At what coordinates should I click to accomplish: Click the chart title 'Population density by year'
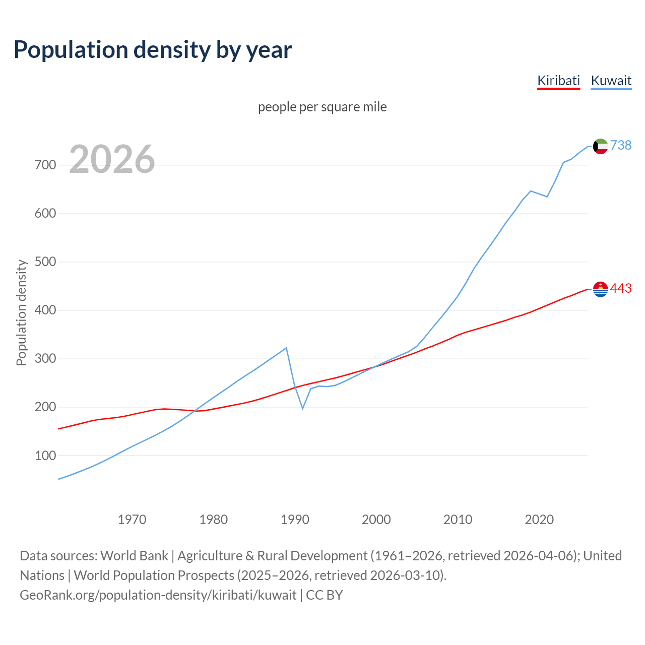[x=153, y=50]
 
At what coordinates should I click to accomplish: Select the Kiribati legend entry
[x=558, y=81]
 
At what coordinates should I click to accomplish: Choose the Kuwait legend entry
[x=611, y=81]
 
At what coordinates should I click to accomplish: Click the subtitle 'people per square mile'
[x=322, y=107]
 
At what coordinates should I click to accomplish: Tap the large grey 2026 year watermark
[x=112, y=159]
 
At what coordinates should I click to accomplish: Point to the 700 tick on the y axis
[x=45, y=165]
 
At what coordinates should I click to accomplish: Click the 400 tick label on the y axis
[x=45, y=310]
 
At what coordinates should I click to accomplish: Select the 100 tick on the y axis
[x=45, y=456]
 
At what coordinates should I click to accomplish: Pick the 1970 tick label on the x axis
[x=132, y=520]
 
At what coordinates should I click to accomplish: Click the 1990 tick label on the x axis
[x=295, y=520]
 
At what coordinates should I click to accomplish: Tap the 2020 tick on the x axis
[x=539, y=520]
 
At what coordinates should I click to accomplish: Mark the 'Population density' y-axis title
[x=21, y=312]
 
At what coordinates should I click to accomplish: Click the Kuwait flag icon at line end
[x=600, y=146]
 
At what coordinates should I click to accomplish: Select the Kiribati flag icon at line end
[x=600, y=289]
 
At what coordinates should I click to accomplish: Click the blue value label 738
[x=621, y=146]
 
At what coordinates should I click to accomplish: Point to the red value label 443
[x=621, y=289]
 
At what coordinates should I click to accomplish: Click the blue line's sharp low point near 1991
[x=302, y=408]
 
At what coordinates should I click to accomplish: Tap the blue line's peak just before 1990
[x=286, y=348]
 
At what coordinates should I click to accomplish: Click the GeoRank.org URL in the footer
[x=158, y=595]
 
